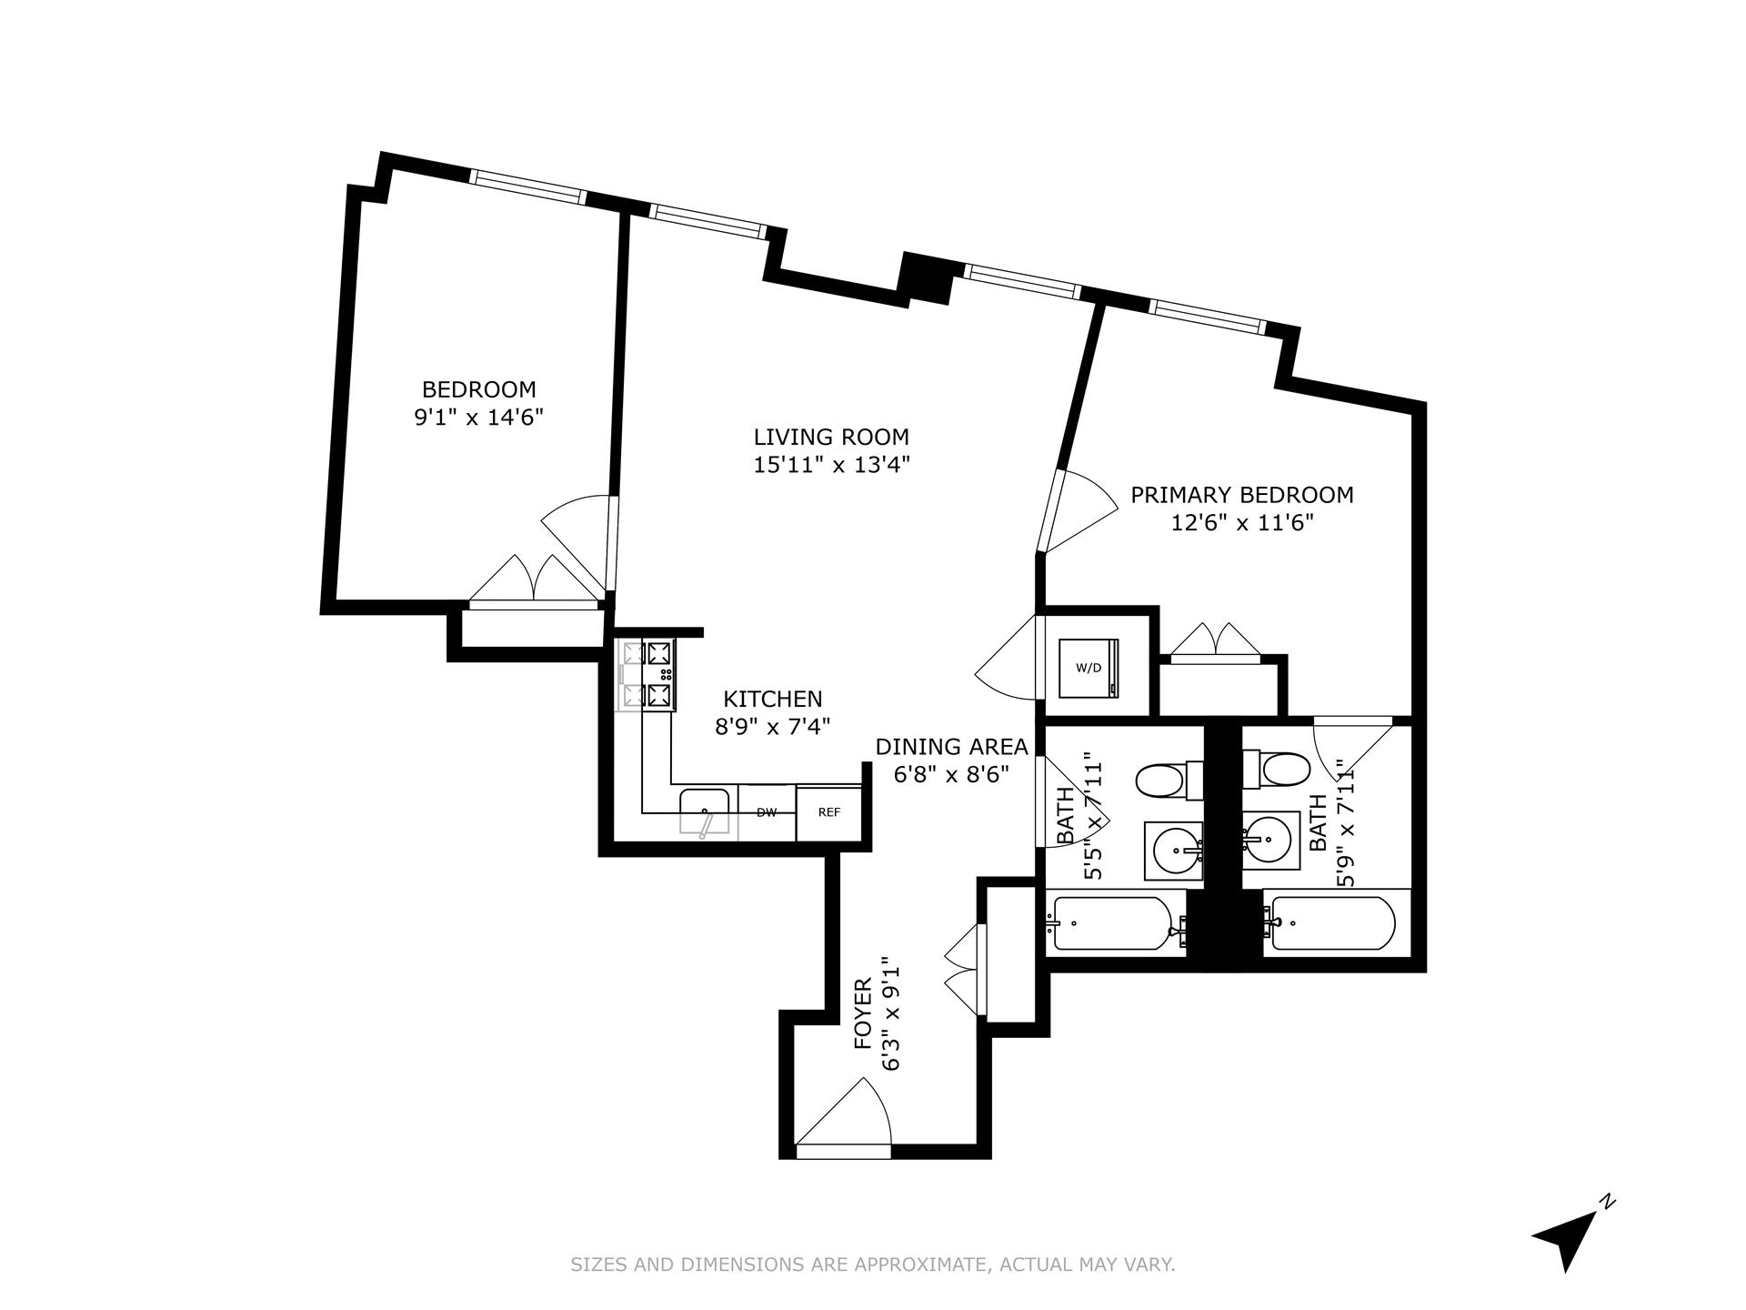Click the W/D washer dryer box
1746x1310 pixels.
[x=1089, y=668]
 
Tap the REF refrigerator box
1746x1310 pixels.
[x=828, y=812]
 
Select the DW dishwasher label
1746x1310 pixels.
[x=767, y=812]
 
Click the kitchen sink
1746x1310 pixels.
[x=705, y=809]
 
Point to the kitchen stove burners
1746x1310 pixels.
[x=647, y=675]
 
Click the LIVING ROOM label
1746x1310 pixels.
[x=831, y=437]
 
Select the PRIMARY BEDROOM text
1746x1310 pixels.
[x=1241, y=495]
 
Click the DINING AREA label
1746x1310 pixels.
[x=951, y=747]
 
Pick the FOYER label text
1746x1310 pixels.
[x=863, y=1013]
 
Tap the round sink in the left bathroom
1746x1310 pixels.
[x=1176, y=851]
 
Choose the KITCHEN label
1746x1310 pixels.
[x=772, y=699]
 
